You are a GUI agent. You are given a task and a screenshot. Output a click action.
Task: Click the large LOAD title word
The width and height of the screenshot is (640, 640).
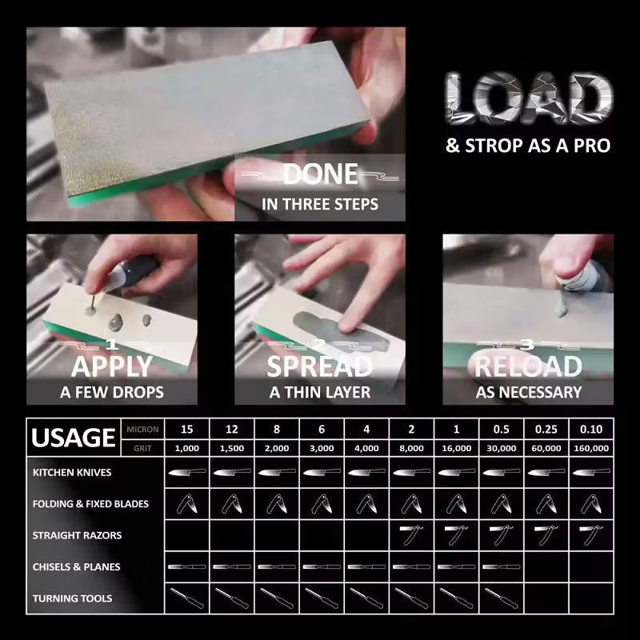tap(529, 98)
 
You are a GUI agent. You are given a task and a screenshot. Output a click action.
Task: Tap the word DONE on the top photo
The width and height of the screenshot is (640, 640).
tap(321, 174)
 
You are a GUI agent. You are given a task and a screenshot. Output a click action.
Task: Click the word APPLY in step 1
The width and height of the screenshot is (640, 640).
tap(112, 366)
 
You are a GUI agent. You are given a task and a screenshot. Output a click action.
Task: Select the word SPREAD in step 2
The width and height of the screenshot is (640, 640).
tap(319, 366)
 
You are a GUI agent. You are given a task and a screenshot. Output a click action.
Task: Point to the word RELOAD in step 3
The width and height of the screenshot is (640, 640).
tap(528, 366)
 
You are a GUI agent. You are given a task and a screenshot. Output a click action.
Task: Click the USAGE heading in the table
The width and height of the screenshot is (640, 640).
tap(74, 438)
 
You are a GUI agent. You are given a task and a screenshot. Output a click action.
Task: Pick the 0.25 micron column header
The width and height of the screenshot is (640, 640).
tap(546, 429)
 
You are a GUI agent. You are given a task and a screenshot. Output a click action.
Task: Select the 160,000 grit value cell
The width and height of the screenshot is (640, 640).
tap(591, 448)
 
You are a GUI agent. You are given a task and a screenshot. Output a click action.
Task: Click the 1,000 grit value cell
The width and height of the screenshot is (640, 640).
tap(187, 448)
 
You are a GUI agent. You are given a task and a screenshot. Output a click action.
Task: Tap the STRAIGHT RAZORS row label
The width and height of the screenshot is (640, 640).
tap(77, 535)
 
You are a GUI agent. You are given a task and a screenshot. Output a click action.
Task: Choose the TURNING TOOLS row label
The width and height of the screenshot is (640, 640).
tap(72, 598)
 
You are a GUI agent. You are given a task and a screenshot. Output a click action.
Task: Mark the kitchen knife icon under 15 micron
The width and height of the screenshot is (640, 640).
tap(187, 472)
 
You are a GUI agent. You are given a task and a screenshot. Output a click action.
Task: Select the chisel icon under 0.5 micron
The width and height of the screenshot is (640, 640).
tap(502, 566)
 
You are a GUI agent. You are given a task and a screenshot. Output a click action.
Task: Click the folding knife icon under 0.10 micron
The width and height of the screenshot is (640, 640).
tap(591, 504)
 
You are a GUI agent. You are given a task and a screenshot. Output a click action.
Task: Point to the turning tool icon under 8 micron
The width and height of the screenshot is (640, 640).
tap(277, 598)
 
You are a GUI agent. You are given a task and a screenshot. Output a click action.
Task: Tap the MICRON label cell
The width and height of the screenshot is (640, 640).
tap(142, 429)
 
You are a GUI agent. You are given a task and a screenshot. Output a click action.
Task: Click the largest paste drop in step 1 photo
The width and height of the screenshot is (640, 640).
tap(116, 323)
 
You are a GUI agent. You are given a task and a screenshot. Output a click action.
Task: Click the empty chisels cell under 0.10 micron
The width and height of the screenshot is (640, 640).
tap(591, 566)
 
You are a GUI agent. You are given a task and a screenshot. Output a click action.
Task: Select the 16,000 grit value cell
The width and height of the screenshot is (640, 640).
tap(456, 448)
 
